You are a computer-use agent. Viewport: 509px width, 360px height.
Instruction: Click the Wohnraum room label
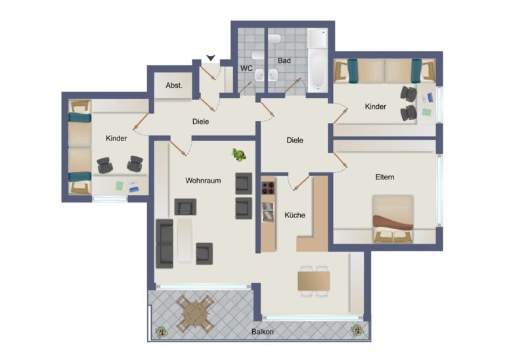point(203,181)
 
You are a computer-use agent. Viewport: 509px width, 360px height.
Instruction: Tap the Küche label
point(295,215)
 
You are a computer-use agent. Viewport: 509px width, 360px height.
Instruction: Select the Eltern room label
point(385,177)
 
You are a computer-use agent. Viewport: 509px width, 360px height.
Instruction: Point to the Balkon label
point(262,332)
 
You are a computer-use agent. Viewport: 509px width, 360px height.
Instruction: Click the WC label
point(246,68)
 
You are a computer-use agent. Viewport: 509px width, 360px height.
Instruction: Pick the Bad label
point(284,60)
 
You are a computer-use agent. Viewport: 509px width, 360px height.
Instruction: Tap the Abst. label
point(174,85)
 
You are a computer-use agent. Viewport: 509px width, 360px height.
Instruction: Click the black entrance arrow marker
point(211,58)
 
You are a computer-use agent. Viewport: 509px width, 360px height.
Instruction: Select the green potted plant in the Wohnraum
point(239,155)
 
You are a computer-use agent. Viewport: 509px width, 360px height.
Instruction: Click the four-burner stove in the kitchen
point(268,188)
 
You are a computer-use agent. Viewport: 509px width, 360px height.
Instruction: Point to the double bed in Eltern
point(393,219)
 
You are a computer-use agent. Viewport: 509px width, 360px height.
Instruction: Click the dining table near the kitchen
point(313,281)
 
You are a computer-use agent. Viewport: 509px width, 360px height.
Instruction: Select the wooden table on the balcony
point(196,314)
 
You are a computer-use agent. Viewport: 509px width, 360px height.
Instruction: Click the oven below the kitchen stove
point(268,212)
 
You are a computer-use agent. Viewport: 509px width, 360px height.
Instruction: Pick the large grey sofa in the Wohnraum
point(165,244)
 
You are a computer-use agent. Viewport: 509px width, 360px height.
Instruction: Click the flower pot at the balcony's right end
point(357,330)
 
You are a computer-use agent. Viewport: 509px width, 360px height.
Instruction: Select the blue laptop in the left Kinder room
point(134,187)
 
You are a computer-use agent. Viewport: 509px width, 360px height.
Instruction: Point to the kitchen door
point(301,183)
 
